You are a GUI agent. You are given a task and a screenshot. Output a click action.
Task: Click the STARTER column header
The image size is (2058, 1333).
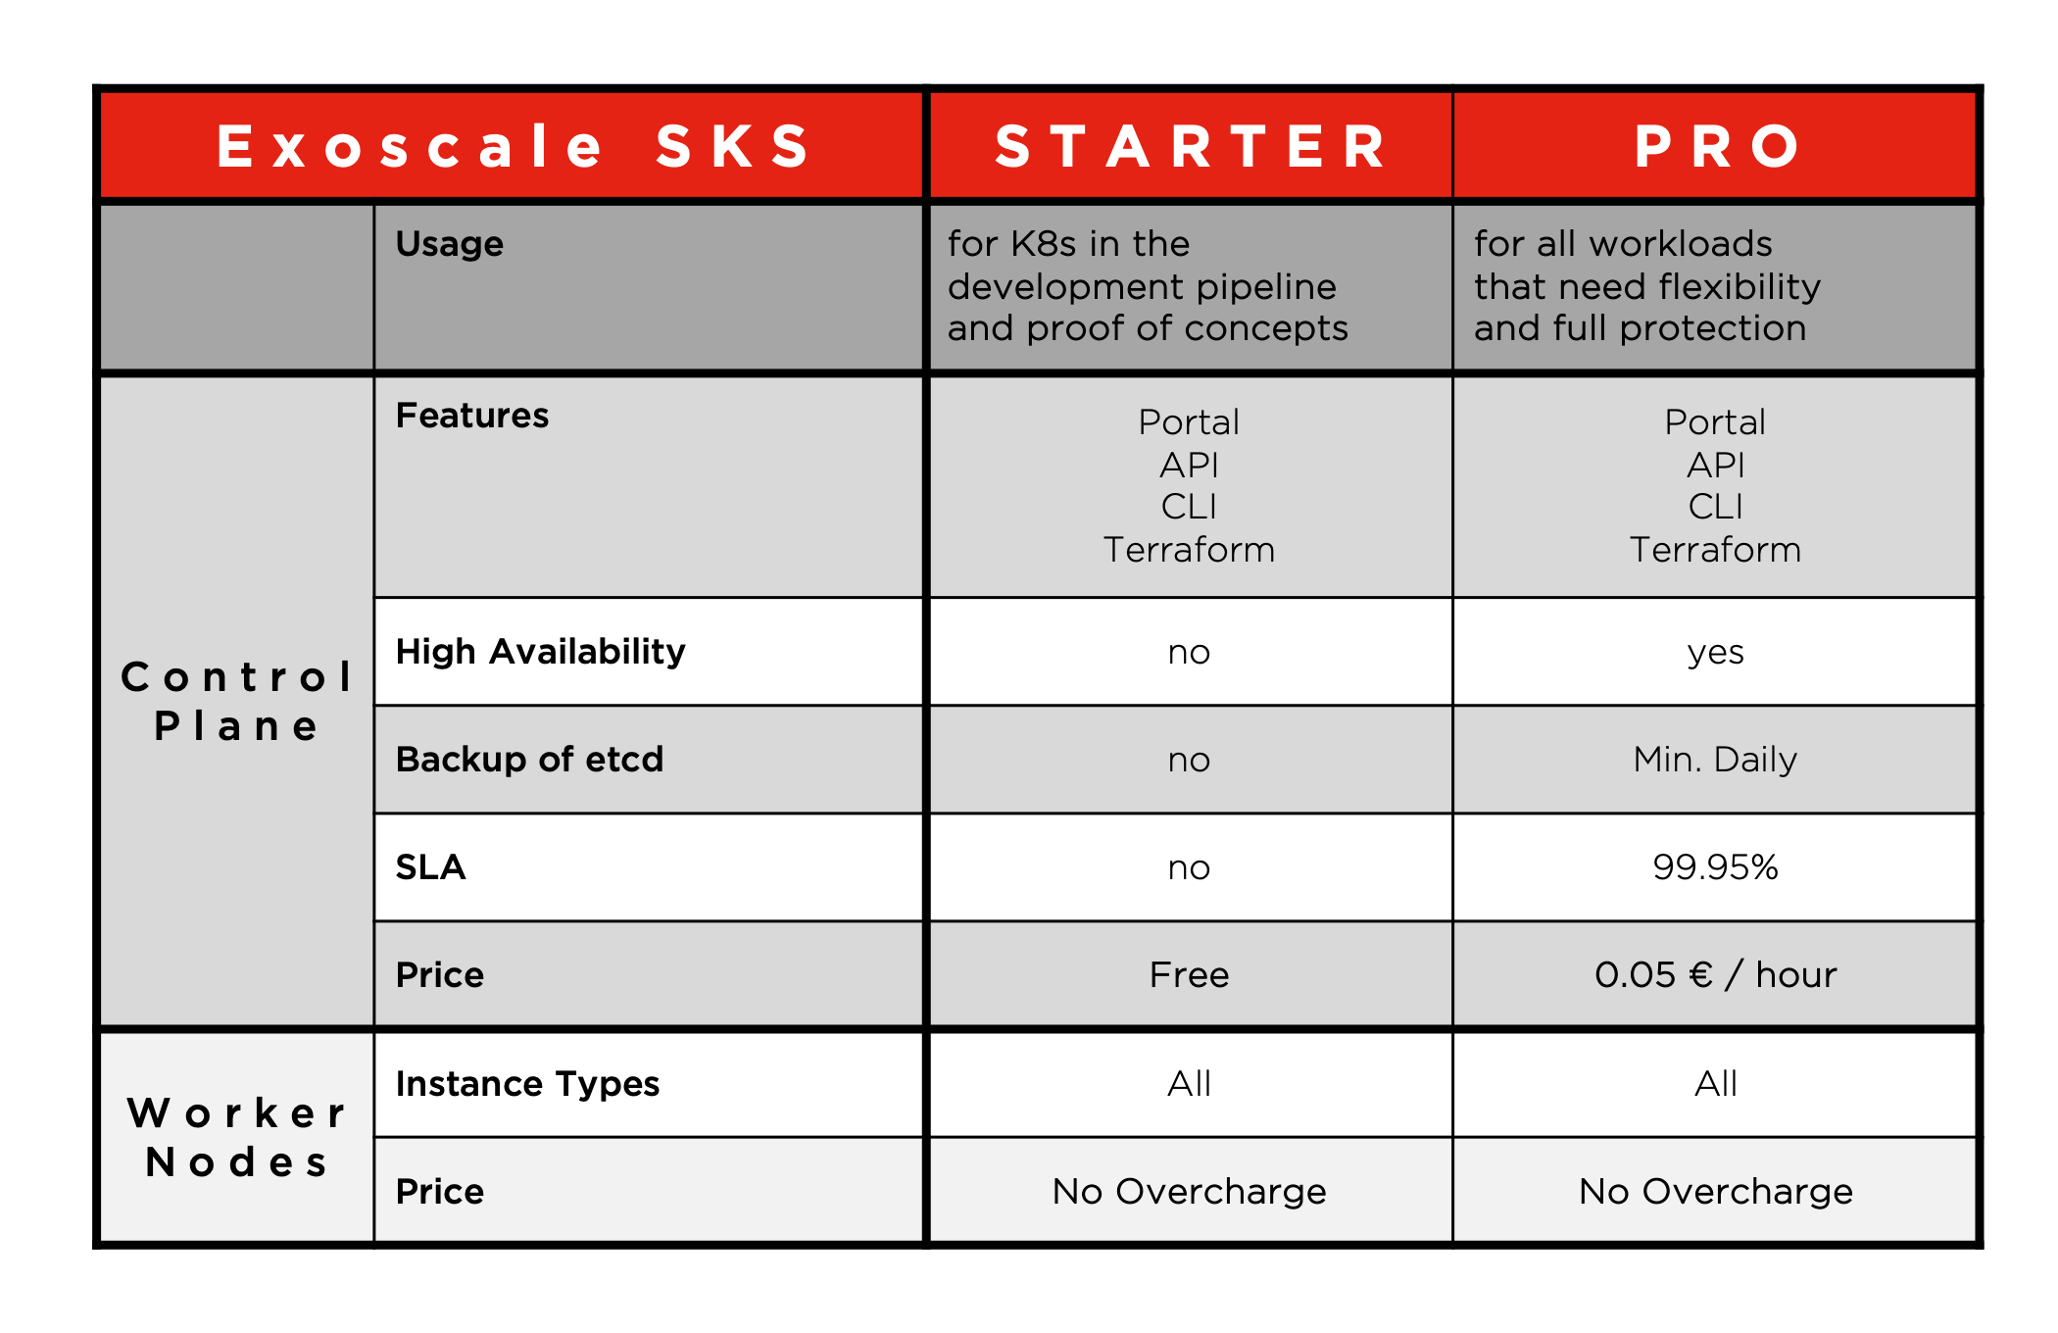(x=1190, y=147)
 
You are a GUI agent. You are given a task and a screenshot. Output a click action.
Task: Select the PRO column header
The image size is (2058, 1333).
(x=1716, y=147)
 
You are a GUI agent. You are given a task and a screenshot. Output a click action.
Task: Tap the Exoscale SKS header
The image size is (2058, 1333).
(x=513, y=147)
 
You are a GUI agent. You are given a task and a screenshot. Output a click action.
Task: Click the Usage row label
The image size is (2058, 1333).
(x=450, y=243)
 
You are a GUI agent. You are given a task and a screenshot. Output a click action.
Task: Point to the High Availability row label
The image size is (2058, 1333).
(x=540, y=652)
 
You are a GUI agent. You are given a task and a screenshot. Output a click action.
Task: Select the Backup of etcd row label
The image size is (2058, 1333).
(x=529, y=760)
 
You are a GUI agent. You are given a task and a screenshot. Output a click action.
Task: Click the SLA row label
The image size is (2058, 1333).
(x=430, y=867)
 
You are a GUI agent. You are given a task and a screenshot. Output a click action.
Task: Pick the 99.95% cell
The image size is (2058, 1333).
(x=1715, y=867)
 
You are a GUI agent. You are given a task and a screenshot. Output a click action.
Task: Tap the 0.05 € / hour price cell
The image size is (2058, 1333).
(x=1715, y=975)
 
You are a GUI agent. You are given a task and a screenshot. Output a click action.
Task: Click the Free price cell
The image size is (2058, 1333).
(x=1189, y=975)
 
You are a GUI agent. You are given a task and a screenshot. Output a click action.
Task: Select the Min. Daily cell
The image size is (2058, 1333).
(x=1715, y=760)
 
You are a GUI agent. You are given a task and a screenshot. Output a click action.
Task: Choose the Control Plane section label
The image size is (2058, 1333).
(x=236, y=702)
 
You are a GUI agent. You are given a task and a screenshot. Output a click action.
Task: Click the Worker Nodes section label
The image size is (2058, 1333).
(x=236, y=1138)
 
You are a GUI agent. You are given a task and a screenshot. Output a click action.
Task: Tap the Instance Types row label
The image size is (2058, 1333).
(x=527, y=1084)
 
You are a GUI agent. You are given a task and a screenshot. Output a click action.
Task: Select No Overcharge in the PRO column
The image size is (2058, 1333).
(x=1715, y=1192)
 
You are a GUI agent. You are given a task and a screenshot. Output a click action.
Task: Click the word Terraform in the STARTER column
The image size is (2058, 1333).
(x=1189, y=550)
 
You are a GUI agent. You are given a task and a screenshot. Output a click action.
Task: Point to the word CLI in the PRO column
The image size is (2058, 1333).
(x=1715, y=507)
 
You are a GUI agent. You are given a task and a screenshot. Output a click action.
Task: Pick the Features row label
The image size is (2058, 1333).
(x=471, y=416)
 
